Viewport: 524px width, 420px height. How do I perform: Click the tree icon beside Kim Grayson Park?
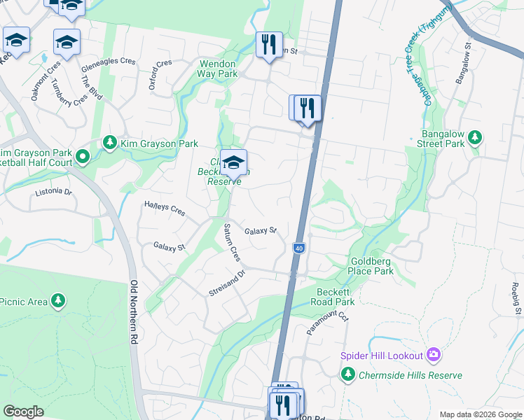pos(110,143)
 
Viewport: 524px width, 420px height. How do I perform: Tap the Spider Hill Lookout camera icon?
pos(434,356)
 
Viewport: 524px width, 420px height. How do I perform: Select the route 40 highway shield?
pos(299,248)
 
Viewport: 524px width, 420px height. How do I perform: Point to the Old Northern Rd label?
pos(134,312)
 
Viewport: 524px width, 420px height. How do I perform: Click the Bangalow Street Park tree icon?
pos(475,137)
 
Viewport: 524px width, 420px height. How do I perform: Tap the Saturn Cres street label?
pos(232,243)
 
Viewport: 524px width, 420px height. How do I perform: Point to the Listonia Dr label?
pos(54,191)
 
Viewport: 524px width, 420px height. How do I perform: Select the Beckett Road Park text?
pos(336,296)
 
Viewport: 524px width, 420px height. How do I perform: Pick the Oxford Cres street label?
pos(160,73)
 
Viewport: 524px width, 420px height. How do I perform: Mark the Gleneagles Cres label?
pos(109,61)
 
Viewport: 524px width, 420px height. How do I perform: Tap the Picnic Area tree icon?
pos(59,301)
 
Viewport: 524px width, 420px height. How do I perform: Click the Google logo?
pos(23,411)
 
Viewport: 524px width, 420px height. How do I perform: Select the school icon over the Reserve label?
pos(233,162)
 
